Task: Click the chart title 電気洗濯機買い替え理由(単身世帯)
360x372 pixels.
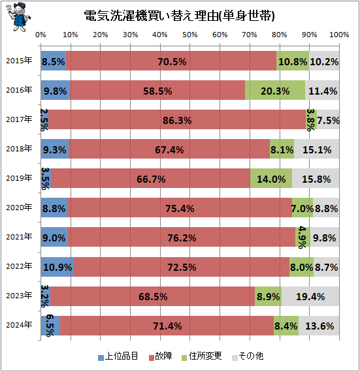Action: (x=179, y=16)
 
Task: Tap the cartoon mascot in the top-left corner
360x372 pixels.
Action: (x=18, y=17)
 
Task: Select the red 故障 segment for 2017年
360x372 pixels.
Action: (x=177, y=119)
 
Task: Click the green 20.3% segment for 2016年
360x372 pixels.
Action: (x=275, y=90)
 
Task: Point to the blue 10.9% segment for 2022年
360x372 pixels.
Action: (x=57, y=267)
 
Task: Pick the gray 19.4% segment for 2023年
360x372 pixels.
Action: (x=310, y=296)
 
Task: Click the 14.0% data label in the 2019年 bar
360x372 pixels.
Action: (x=271, y=179)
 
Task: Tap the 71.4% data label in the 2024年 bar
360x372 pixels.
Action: (x=167, y=326)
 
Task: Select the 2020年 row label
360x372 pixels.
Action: (x=19, y=208)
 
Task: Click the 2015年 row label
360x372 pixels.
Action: (x=19, y=61)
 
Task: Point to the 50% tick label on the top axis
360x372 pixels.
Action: (x=189, y=35)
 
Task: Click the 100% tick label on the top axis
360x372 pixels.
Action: (x=339, y=35)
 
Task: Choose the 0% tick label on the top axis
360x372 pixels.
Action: (x=41, y=35)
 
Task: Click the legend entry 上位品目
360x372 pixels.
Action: (x=118, y=356)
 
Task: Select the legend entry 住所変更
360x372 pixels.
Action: (x=202, y=356)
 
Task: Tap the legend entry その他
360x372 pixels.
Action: (x=248, y=356)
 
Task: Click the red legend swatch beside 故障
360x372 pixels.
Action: (x=152, y=358)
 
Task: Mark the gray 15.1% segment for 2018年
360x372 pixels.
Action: (x=316, y=149)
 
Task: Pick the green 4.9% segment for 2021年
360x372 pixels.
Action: (x=303, y=237)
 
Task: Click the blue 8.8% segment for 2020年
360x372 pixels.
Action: (x=54, y=208)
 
